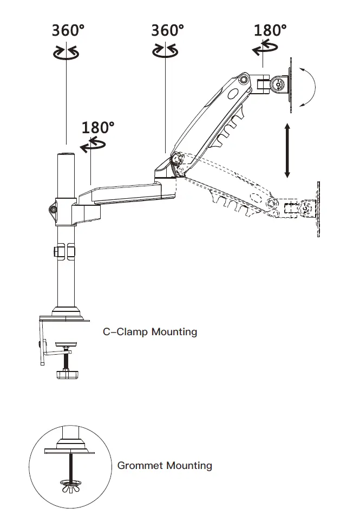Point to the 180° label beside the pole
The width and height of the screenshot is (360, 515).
click(x=98, y=127)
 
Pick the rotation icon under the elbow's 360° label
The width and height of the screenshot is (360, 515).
click(x=165, y=51)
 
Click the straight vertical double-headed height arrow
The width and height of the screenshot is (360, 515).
click(x=287, y=151)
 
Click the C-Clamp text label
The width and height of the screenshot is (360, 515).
click(x=126, y=331)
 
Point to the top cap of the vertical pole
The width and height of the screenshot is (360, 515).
click(x=66, y=155)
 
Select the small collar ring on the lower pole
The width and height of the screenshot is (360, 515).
click(x=64, y=251)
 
